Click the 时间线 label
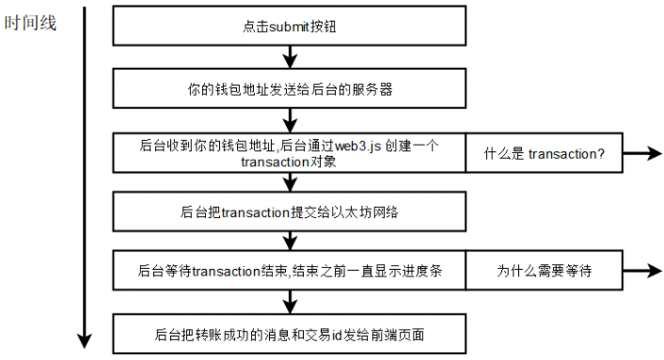tap(31, 23)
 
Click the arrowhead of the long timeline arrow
tap(84, 339)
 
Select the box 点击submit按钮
tap(289, 26)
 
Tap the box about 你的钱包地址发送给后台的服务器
tap(289, 90)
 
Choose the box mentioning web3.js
tap(289, 152)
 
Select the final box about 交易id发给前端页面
tap(289, 334)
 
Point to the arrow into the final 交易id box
tap(290, 303)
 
